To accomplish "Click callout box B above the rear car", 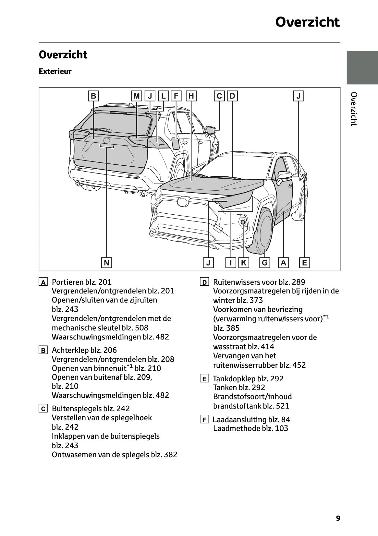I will click(x=93, y=96).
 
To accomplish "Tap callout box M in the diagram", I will click(x=137, y=96).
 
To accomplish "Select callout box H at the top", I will click(x=191, y=96).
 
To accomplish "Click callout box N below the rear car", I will click(x=106, y=262).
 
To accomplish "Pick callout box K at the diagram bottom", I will click(x=243, y=262).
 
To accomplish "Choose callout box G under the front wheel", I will click(x=265, y=262).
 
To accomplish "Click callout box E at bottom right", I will click(x=304, y=262).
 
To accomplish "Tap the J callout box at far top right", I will click(x=299, y=96).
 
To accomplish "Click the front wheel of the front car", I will click(x=263, y=230).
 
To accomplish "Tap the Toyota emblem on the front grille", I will click(x=183, y=202).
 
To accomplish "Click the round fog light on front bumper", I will click(x=243, y=222).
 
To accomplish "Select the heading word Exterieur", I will click(x=55, y=71).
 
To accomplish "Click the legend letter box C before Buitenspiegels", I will click(x=43, y=409).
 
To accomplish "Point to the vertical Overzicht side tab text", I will click(x=354, y=109).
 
